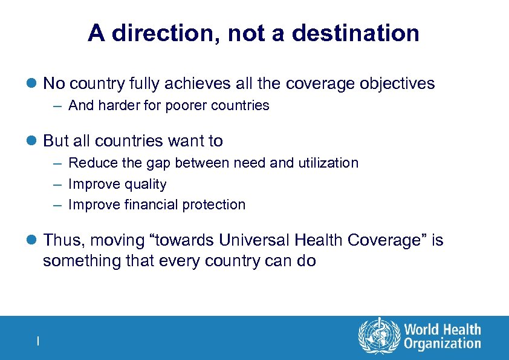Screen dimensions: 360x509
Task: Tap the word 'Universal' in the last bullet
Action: (x=254, y=241)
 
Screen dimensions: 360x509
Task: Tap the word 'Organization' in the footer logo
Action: (x=443, y=344)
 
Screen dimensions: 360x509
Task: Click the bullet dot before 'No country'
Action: (x=34, y=84)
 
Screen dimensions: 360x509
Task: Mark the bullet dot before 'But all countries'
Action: (x=34, y=142)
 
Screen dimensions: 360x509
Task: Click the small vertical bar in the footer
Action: (x=37, y=341)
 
